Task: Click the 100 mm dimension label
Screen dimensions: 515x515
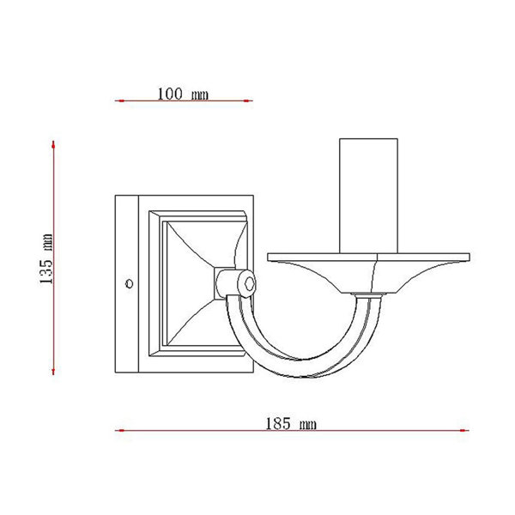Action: [183, 94]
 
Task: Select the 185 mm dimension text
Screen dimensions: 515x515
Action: [291, 423]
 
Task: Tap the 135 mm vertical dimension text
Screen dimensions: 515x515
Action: [45, 259]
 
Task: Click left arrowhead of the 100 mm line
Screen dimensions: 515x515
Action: [120, 100]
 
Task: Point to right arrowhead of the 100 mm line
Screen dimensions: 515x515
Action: [247, 100]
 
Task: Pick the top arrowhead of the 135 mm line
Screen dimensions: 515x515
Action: [53, 145]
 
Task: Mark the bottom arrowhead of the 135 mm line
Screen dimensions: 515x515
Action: [53, 370]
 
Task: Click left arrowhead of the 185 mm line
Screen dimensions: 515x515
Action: [120, 430]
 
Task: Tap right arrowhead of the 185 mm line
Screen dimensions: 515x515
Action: [464, 430]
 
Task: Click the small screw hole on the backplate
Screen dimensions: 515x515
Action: [130, 283]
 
